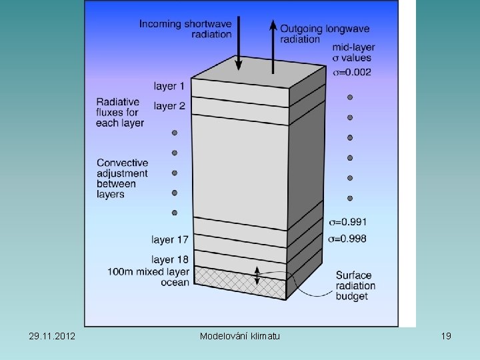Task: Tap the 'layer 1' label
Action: (169, 86)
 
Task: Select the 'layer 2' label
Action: (169, 106)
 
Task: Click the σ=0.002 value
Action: (352, 72)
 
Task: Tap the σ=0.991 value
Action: (348, 221)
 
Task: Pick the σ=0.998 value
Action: (348, 239)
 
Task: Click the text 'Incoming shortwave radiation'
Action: (185, 29)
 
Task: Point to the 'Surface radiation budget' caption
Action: (355, 285)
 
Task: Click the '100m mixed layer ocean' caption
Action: (148, 277)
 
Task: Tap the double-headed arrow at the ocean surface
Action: (257, 273)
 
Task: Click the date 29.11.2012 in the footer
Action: (52, 336)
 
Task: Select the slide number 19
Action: (446, 336)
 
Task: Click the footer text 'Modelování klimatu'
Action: (240, 336)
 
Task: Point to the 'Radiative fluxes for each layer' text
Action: (120, 113)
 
